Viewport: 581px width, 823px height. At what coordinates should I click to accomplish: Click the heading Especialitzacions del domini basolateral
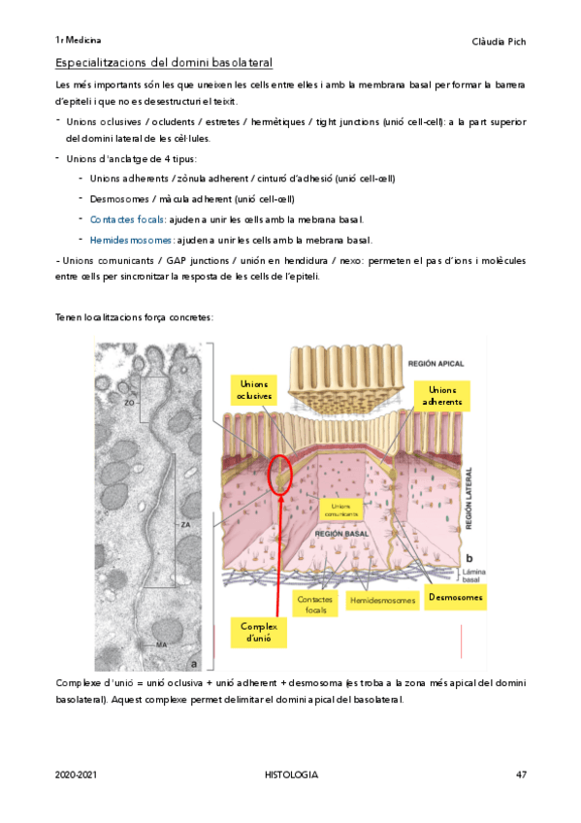pyautogui.click(x=164, y=63)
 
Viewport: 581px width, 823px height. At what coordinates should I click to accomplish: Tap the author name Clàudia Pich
pyautogui.click(x=498, y=41)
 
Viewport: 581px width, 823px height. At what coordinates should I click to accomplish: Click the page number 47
pyautogui.click(x=520, y=774)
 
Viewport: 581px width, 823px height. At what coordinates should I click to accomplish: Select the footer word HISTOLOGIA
pyautogui.click(x=291, y=774)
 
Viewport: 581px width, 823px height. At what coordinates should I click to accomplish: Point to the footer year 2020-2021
pyautogui.click(x=77, y=774)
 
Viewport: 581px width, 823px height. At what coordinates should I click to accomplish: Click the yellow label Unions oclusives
pyautogui.click(x=254, y=390)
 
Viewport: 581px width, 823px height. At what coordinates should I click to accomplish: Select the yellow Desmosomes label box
pyautogui.click(x=455, y=598)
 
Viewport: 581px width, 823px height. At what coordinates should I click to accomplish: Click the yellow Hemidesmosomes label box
pyautogui.click(x=381, y=601)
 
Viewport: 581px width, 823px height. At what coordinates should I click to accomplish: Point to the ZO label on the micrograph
pyautogui.click(x=128, y=400)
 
